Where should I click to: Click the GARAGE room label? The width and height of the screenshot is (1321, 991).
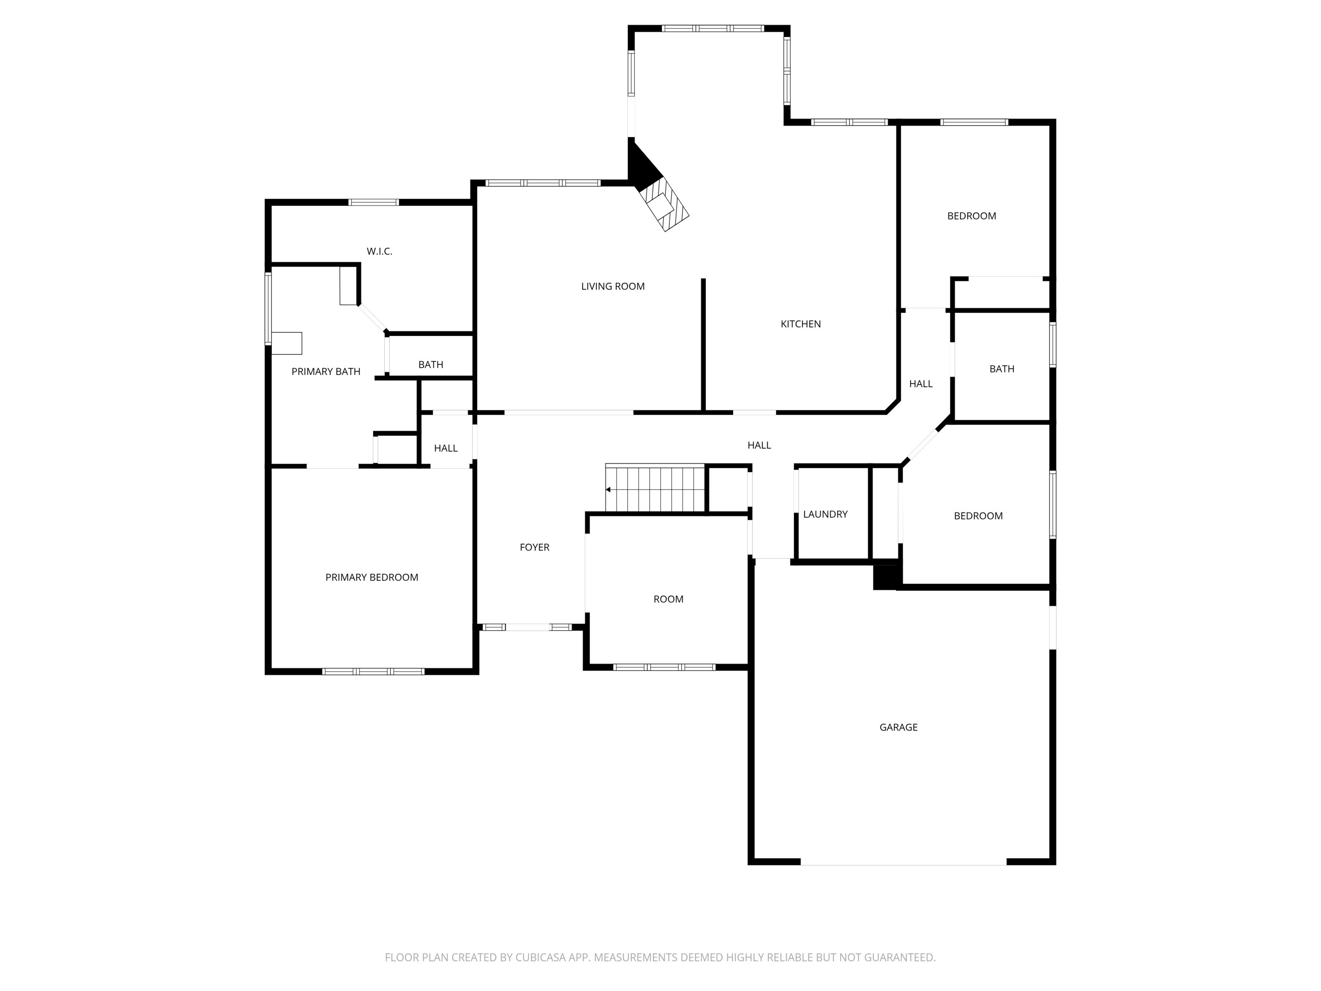pyautogui.click(x=898, y=727)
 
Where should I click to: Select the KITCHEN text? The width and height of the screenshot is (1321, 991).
pyautogui.click(x=800, y=324)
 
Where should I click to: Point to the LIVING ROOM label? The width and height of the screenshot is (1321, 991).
pyautogui.click(x=613, y=286)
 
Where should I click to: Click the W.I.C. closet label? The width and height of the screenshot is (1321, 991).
pyautogui.click(x=379, y=252)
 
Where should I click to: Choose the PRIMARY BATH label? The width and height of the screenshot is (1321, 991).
pyautogui.click(x=326, y=372)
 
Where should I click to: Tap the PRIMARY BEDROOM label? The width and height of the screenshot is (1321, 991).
pyautogui.click(x=372, y=577)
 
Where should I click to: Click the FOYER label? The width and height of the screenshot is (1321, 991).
pyautogui.click(x=534, y=547)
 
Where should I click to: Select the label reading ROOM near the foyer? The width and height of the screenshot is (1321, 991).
pyautogui.click(x=668, y=599)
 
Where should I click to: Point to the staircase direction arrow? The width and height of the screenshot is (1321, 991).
pyautogui.click(x=608, y=490)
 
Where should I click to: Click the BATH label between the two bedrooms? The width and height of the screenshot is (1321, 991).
pyautogui.click(x=1002, y=369)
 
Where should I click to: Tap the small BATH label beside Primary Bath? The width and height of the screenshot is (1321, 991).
pyautogui.click(x=430, y=364)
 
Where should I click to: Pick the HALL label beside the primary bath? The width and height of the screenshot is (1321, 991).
pyautogui.click(x=445, y=448)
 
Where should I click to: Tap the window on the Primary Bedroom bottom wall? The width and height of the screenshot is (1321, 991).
pyautogui.click(x=373, y=671)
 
